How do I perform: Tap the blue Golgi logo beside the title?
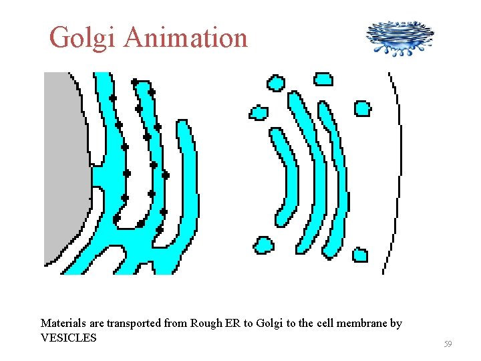pyautogui.click(x=399, y=37)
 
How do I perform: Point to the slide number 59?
pyautogui.click(x=448, y=344)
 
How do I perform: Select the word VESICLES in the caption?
pyautogui.click(x=69, y=338)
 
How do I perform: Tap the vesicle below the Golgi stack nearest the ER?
pyautogui.click(x=263, y=245)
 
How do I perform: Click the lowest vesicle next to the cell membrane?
pyautogui.click(x=359, y=255)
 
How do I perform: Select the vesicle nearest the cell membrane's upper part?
pyautogui.click(x=362, y=108)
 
